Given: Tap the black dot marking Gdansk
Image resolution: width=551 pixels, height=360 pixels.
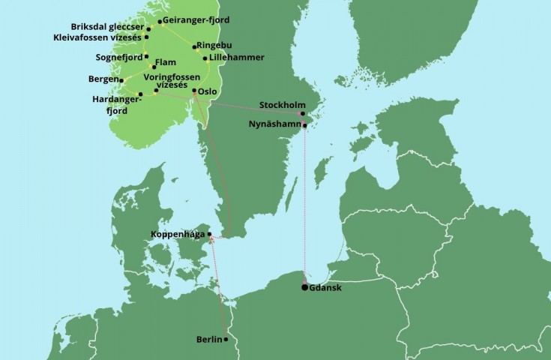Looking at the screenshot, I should pos(304,287).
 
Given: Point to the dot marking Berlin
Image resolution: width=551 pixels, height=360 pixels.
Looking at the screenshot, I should pos(226,339).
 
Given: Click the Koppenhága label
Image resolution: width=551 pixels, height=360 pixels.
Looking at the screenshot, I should pos(177,234).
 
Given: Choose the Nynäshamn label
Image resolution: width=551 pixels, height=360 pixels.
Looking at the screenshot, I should pos(274,125).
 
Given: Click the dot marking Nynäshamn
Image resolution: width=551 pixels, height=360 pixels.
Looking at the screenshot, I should pos(304,125).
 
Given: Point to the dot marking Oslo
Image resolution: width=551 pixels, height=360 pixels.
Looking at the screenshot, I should pos(194,91).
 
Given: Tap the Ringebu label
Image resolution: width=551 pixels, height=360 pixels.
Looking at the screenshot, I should pos(216,46).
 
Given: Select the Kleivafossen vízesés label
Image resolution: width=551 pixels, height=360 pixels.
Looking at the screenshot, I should pos(96,37).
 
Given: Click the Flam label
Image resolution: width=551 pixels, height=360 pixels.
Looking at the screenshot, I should pos(166,66).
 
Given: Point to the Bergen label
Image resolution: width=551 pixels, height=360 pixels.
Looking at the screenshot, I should pos(102,79).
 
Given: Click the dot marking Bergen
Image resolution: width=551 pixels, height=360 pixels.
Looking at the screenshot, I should pos(121,79).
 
